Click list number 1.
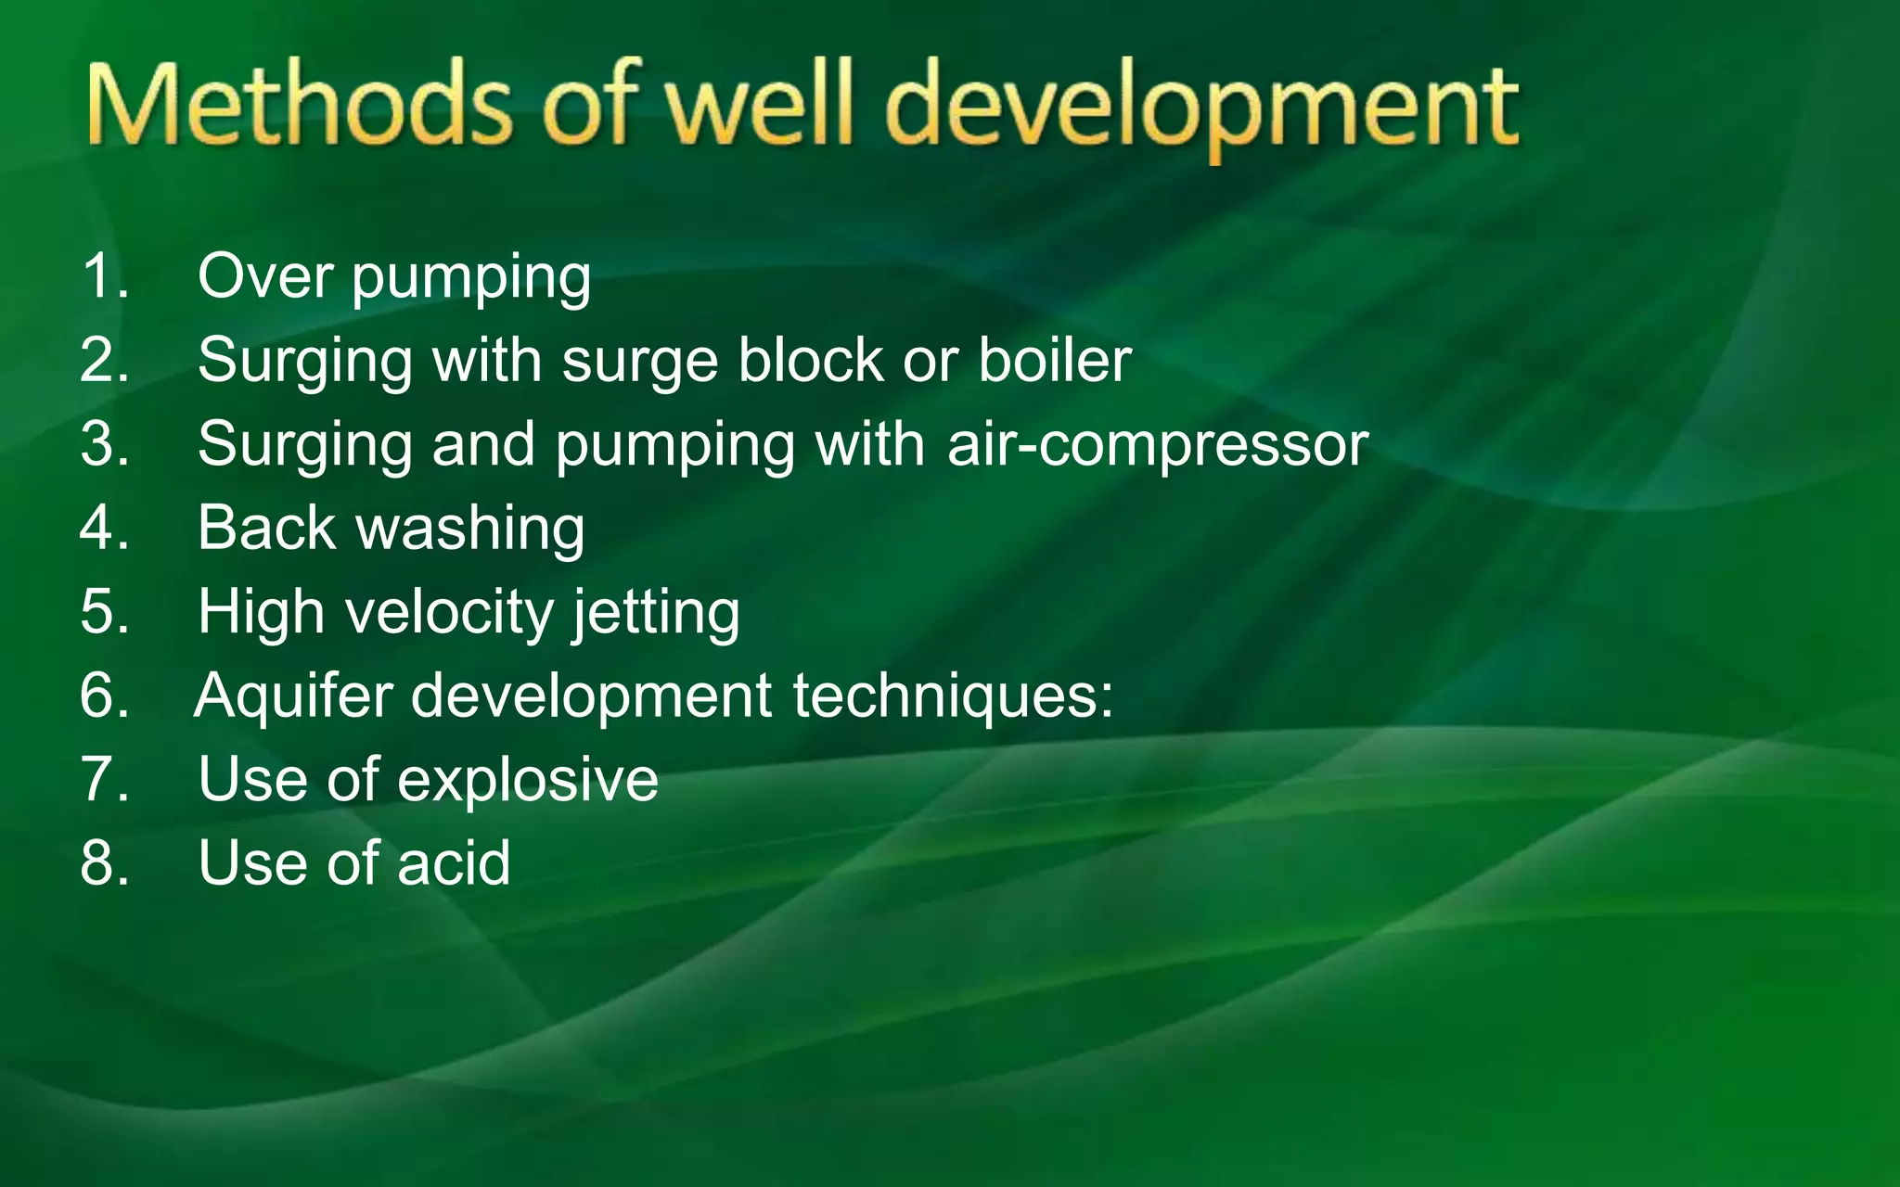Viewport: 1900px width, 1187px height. click(x=104, y=276)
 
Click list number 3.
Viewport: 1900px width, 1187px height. click(x=104, y=444)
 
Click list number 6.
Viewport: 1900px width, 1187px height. click(x=104, y=696)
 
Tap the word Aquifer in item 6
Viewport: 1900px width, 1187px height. click(x=293, y=696)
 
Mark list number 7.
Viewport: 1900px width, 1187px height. click(x=104, y=779)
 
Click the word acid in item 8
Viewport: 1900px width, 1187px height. click(x=454, y=862)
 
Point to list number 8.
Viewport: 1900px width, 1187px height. click(x=104, y=862)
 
